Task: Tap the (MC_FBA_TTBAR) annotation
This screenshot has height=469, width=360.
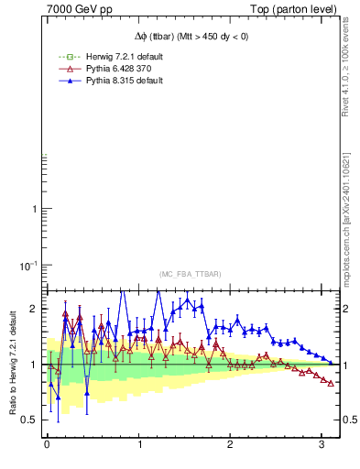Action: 190,274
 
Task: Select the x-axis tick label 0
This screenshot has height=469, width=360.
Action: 47,446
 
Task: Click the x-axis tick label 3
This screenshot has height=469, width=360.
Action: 322,446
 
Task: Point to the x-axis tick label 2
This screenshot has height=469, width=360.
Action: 230,446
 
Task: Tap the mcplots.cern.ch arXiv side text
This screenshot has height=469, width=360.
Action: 349,215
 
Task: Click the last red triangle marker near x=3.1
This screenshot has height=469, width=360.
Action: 331,383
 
